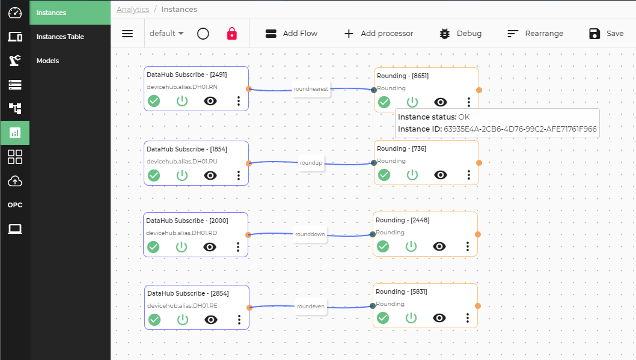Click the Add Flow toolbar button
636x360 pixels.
(x=291, y=34)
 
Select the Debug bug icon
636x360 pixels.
(x=445, y=34)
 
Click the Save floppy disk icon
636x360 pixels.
(x=595, y=34)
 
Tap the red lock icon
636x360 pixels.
(x=231, y=34)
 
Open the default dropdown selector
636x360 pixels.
(x=167, y=34)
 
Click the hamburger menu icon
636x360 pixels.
(x=127, y=34)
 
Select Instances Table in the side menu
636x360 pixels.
(x=60, y=37)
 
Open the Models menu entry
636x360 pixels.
(x=47, y=61)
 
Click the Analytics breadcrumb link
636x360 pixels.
(x=133, y=9)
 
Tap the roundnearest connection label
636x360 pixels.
(x=311, y=89)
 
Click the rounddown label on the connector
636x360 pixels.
(x=310, y=234)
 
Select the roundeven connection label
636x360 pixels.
(x=310, y=307)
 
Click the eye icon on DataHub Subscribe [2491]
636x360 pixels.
(x=210, y=101)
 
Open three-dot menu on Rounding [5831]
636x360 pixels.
(x=468, y=318)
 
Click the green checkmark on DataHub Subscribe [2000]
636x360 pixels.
(x=153, y=247)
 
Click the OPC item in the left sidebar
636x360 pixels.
(x=15, y=205)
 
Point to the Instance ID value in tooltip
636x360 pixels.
(x=520, y=129)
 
